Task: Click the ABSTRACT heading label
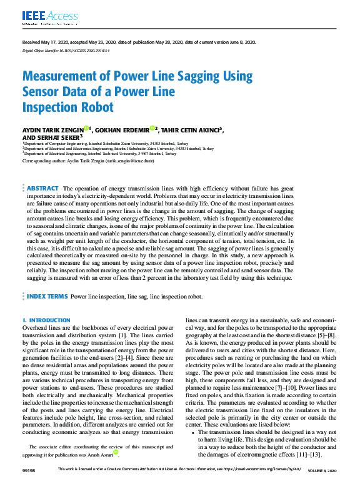click(x=43, y=188)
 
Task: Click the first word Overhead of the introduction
click(x=36, y=327)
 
